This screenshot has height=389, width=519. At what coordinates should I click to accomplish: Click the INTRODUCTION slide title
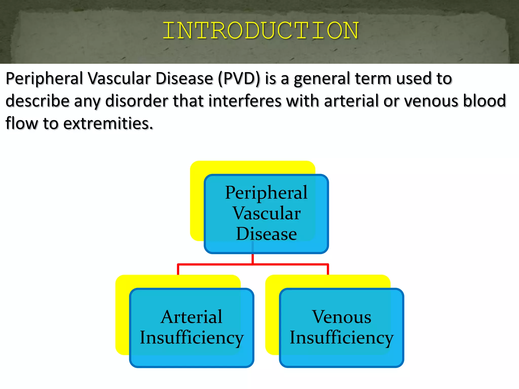(261, 31)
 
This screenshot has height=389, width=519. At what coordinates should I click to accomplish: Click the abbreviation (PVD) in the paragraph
(239, 79)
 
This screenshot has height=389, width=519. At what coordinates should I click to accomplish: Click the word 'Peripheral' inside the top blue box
(266, 193)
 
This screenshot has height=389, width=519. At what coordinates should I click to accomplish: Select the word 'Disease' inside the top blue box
(266, 234)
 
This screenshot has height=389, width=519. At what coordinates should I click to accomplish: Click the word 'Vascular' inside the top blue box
(266, 213)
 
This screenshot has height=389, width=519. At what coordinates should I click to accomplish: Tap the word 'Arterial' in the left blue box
(192, 317)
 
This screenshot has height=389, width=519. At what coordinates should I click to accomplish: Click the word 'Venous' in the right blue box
(341, 317)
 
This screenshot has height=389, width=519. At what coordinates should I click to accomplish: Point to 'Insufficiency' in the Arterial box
(192, 338)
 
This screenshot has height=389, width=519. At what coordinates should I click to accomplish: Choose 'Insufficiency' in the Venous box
(341, 338)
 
